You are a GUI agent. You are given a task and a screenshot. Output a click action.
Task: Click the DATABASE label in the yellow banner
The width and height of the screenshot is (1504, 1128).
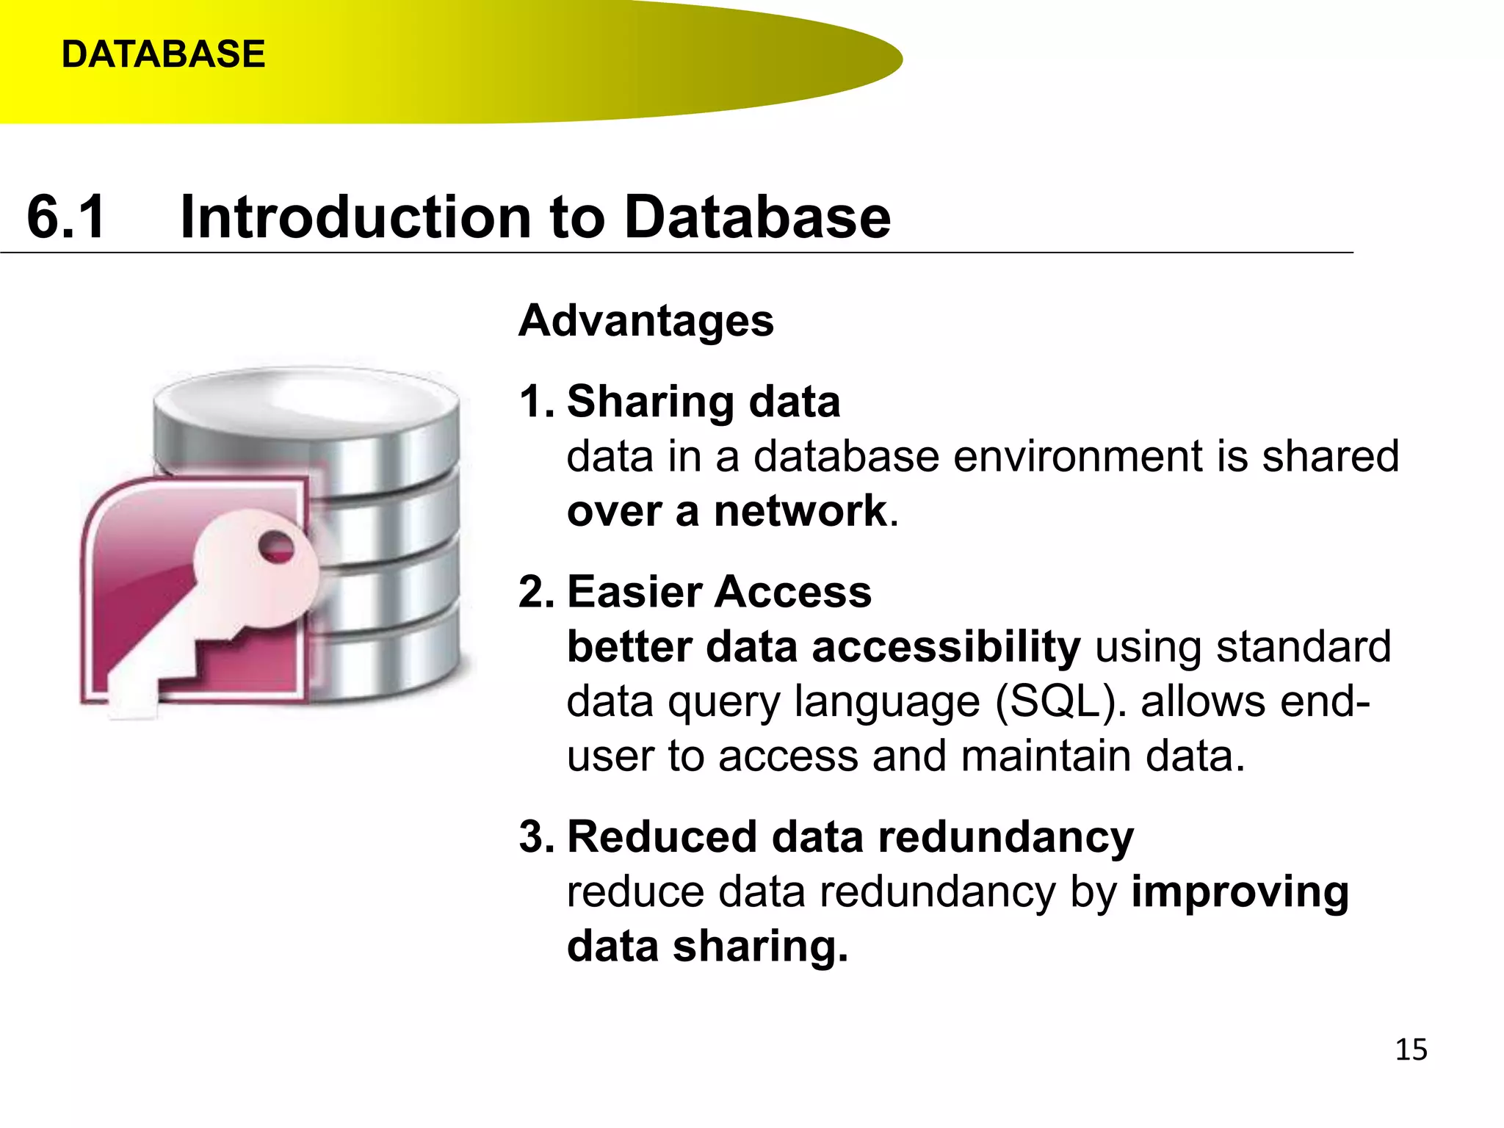tap(163, 54)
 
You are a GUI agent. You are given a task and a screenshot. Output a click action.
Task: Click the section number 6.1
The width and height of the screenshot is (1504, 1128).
tap(66, 217)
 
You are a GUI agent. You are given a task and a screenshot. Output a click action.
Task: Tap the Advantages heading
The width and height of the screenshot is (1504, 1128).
tap(646, 321)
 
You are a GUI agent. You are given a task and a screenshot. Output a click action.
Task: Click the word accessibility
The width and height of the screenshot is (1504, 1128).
tap(946, 647)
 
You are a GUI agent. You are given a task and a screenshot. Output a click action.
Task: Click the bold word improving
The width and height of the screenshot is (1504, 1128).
tap(1240, 892)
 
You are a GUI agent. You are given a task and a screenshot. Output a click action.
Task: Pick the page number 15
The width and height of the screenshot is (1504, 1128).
tap(1411, 1049)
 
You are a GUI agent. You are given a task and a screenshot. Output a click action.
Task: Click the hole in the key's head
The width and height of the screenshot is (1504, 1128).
tap(278, 546)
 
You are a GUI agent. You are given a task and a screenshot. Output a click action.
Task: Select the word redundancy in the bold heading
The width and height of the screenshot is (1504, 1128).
tap(1005, 837)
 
